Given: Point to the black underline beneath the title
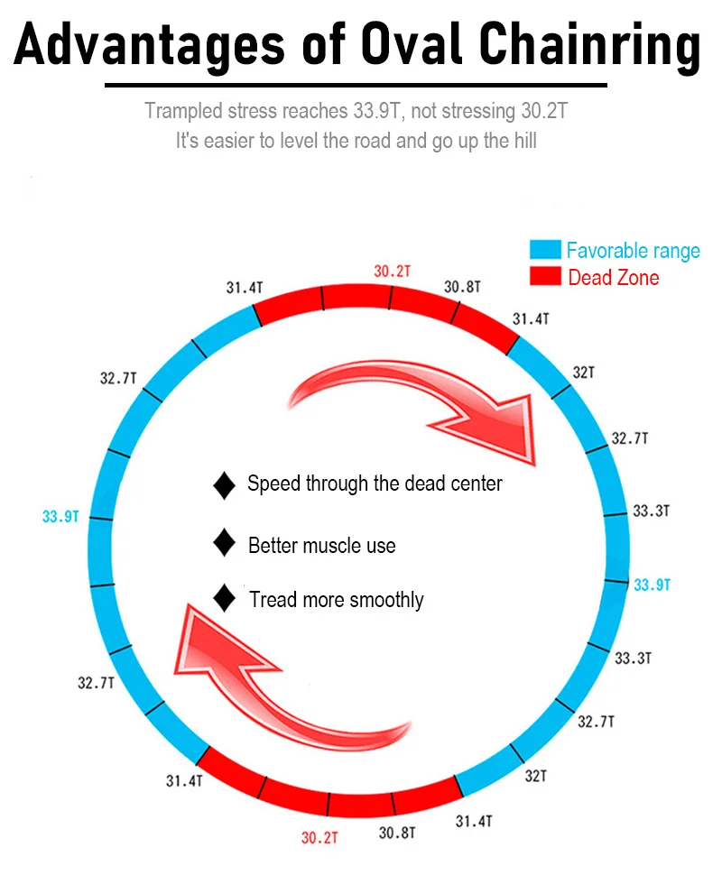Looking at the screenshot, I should (356, 86).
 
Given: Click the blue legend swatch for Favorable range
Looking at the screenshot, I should (544, 250).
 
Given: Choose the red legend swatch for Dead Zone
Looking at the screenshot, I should (544, 277).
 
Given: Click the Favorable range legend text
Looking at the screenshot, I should (633, 250).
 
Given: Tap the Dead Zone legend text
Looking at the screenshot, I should (613, 278).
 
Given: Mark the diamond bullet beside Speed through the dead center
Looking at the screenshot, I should (224, 485).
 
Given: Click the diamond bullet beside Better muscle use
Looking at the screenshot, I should (224, 544).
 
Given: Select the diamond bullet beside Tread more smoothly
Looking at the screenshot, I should (224, 598).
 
